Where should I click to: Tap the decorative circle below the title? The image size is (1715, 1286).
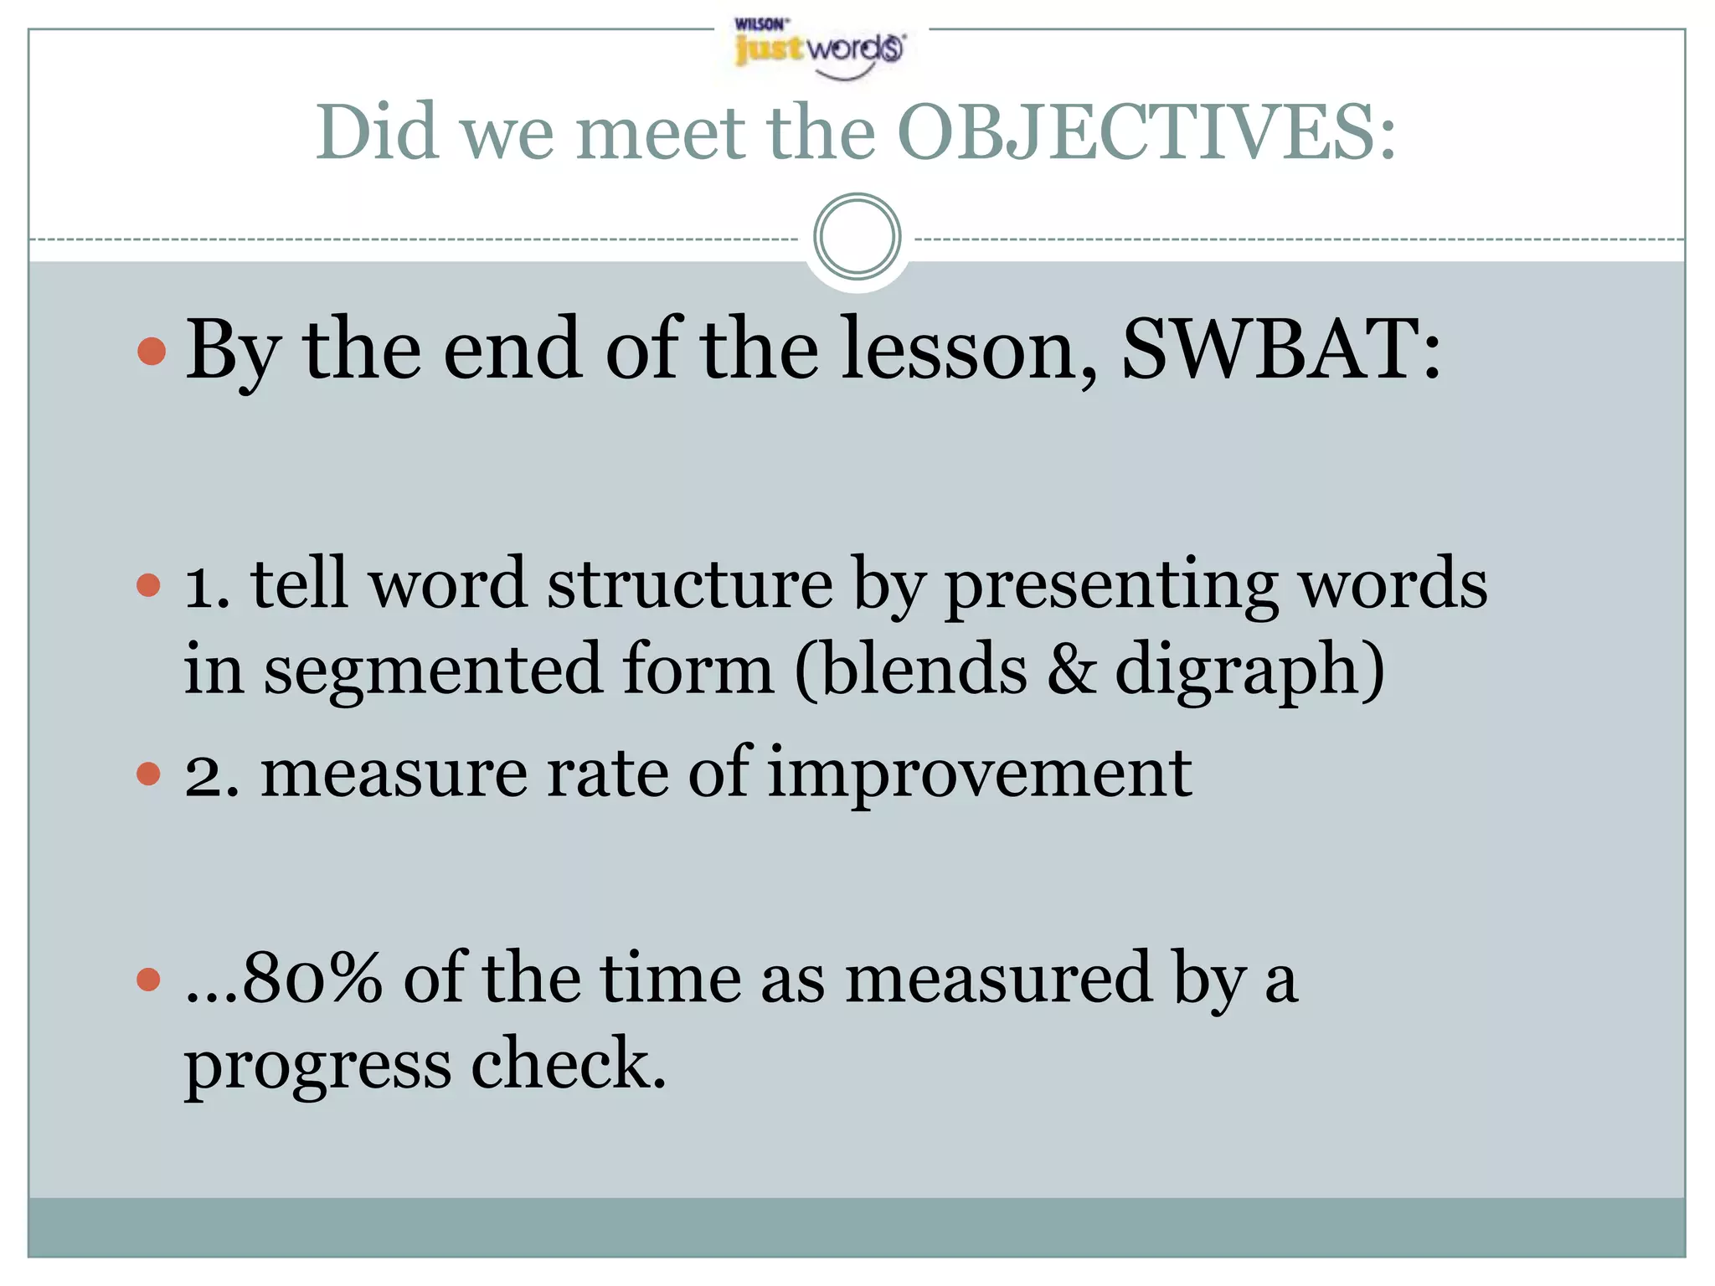click(857, 237)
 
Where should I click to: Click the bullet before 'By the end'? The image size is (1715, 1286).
click(152, 351)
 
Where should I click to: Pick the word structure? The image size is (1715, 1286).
click(689, 584)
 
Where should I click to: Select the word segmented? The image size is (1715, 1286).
click(433, 670)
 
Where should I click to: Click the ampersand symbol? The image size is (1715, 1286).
click(1071, 670)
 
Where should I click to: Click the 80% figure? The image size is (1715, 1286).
click(310, 978)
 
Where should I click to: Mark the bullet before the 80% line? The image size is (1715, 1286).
click(148, 979)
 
